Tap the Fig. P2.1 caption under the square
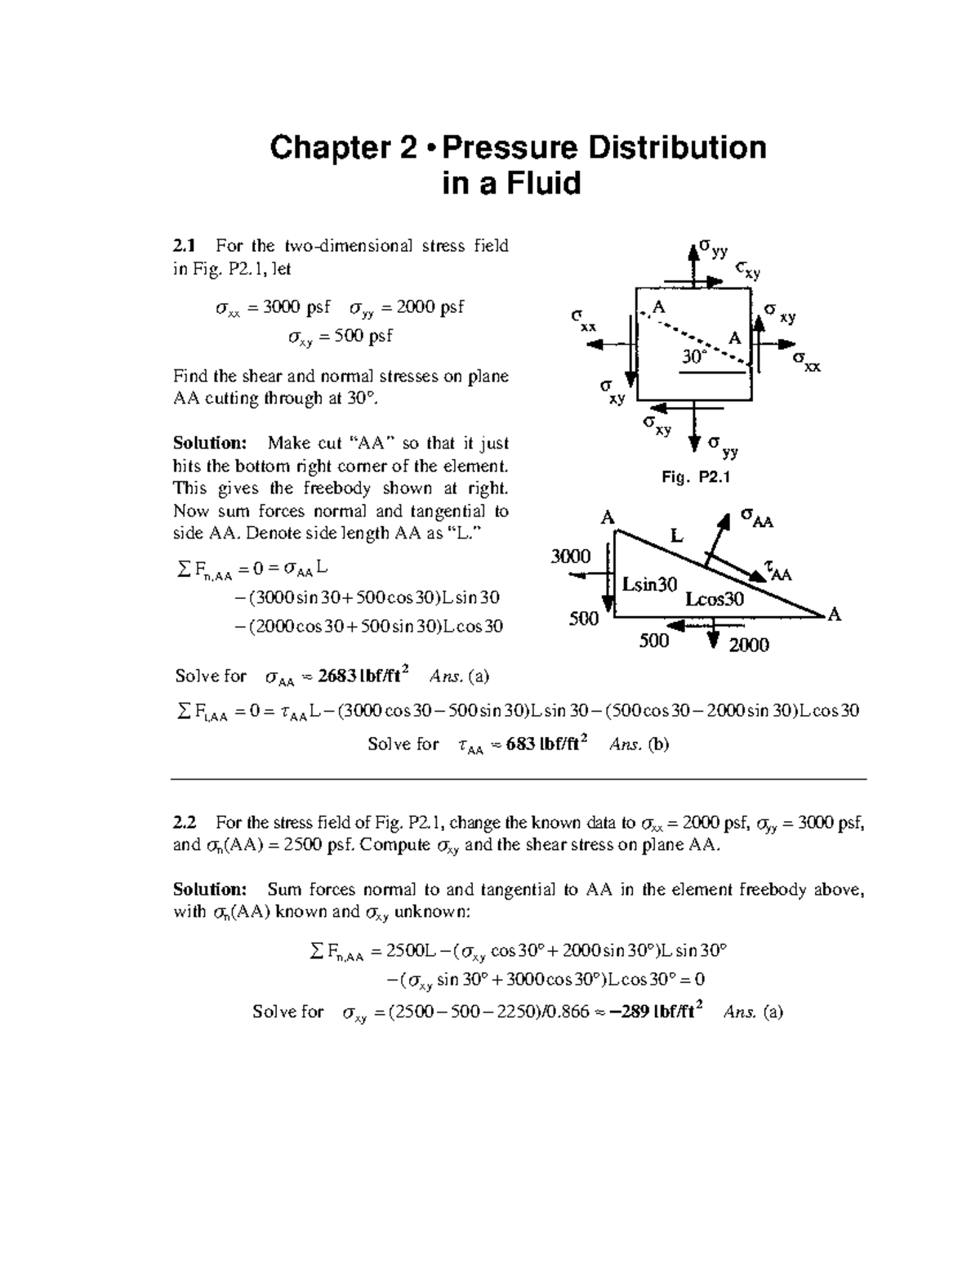click(695, 478)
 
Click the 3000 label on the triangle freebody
click(570, 556)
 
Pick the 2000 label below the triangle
click(748, 646)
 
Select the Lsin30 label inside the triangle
click(649, 584)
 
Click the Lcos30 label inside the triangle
click(715, 599)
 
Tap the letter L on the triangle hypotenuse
click(676, 536)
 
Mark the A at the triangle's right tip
click(833, 614)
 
